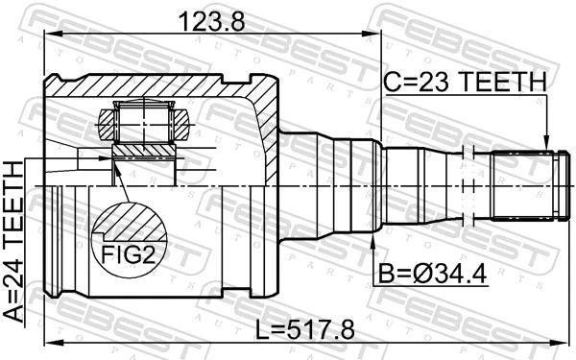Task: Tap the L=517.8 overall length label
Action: pos(306,329)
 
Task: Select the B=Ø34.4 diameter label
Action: pos(430,276)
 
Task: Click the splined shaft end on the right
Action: pos(524,184)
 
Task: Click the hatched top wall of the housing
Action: pos(163,86)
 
